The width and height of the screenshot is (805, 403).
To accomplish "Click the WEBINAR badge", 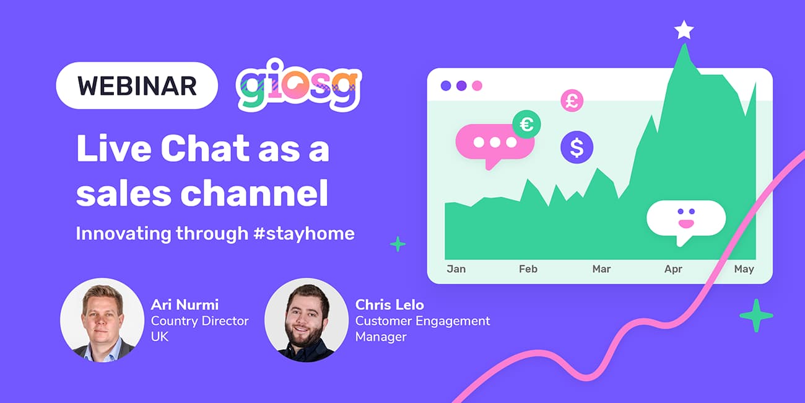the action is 137,86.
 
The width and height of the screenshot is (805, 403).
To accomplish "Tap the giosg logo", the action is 298,86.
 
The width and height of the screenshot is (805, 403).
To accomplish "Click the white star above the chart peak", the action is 684,30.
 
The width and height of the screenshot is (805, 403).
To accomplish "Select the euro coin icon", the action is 526,125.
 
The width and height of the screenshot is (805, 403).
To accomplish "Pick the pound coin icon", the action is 572,100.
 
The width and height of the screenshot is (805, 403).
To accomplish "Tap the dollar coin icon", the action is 577,147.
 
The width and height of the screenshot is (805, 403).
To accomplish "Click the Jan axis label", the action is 456,269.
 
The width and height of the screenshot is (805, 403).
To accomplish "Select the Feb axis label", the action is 528,269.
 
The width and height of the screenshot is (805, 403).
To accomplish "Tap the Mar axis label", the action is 601,269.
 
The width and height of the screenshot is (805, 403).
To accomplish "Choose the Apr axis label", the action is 673,269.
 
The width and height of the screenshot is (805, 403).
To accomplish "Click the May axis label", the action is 744,269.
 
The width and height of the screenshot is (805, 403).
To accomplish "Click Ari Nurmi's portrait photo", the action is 102,320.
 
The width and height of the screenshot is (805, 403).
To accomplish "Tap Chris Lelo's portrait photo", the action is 307,320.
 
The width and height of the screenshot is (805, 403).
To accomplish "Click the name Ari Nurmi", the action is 185,305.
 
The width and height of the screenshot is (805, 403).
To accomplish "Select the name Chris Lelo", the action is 389,305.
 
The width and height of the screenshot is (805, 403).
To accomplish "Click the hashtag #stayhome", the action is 304,234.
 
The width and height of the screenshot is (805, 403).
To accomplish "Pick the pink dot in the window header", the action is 477,86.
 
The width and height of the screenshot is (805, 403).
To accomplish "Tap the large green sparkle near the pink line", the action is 756,316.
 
